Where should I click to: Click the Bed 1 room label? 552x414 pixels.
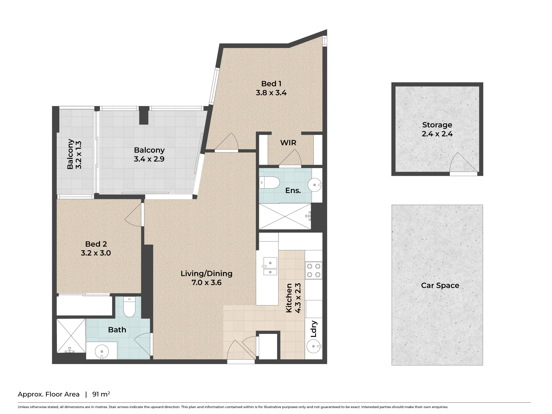271,84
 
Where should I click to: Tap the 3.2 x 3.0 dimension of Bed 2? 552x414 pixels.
96,253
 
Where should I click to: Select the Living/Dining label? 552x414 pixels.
206,274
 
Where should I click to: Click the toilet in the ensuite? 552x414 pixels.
270,182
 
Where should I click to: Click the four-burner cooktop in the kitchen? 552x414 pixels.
314,270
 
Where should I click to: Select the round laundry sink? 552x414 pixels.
314,346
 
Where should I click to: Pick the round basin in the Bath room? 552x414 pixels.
102,351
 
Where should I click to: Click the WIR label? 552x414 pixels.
288,143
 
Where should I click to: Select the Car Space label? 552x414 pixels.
440,285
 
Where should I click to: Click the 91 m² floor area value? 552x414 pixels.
101,394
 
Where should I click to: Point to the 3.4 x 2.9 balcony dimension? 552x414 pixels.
149,159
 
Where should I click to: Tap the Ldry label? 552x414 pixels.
314,329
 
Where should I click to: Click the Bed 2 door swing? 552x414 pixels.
133,215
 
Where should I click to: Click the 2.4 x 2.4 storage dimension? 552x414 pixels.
437,134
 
